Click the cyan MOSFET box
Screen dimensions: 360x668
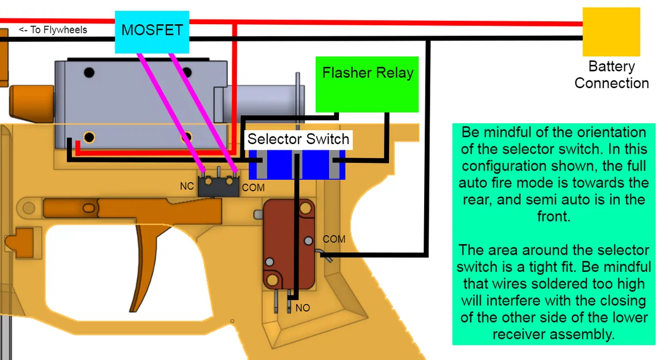click(152, 31)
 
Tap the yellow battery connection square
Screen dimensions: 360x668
click(611, 32)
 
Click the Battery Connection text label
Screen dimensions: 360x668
click(612, 75)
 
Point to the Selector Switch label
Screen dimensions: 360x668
click(298, 139)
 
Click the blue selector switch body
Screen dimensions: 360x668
click(297, 164)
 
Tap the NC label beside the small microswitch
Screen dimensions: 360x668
click(187, 187)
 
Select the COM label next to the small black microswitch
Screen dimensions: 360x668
click(252, 188)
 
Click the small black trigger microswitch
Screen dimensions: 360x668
click(218, 185)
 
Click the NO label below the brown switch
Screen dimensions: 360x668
click(303, 308)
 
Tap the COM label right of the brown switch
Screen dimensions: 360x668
click(334, 238)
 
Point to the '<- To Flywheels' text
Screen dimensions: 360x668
click(53, 30)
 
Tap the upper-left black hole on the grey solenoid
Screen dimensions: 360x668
click(88, 73)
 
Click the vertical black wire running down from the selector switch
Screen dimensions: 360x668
click(296, 230)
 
